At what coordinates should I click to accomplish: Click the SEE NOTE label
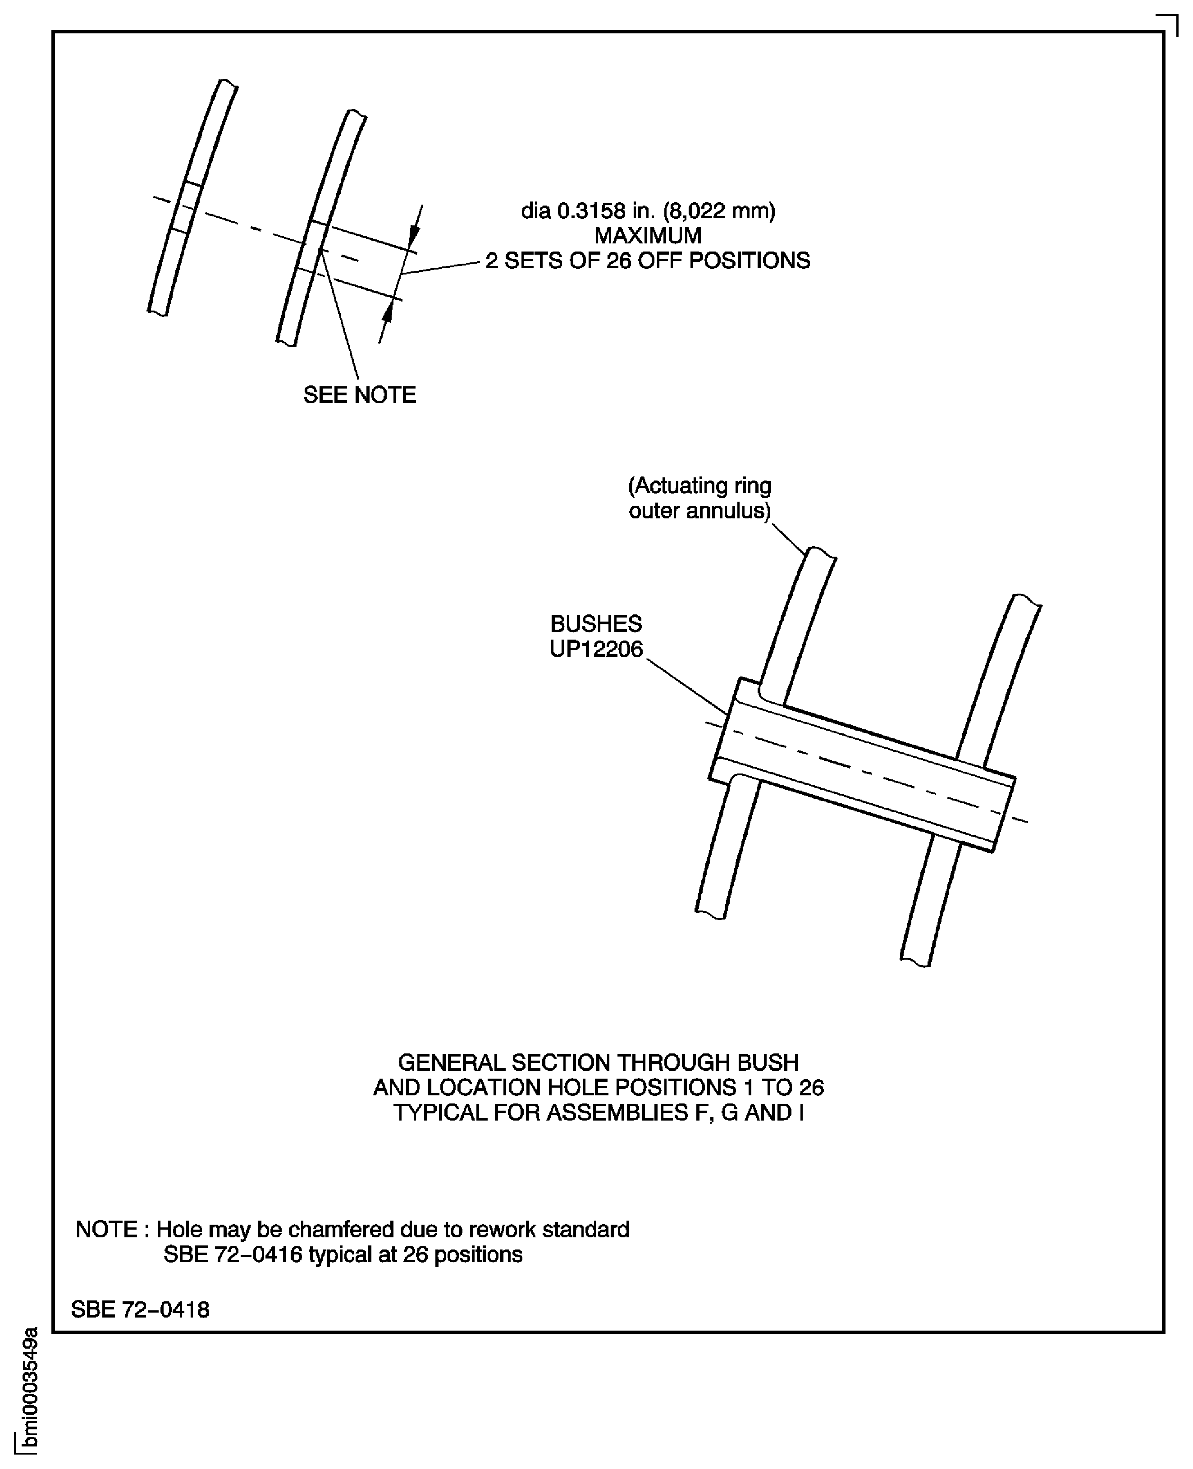[x=359, y=395]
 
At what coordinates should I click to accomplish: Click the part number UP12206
[x=596, y=649]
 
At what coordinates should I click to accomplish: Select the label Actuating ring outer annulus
[x=699, y=499]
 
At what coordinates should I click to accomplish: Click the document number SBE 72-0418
[x=140, y=1309]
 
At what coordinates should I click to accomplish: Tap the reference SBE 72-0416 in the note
[x=233, y=1254]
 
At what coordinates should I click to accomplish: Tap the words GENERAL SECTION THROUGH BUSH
[x=599, y=1063]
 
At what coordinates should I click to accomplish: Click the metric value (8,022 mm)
[x=719, y=211]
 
